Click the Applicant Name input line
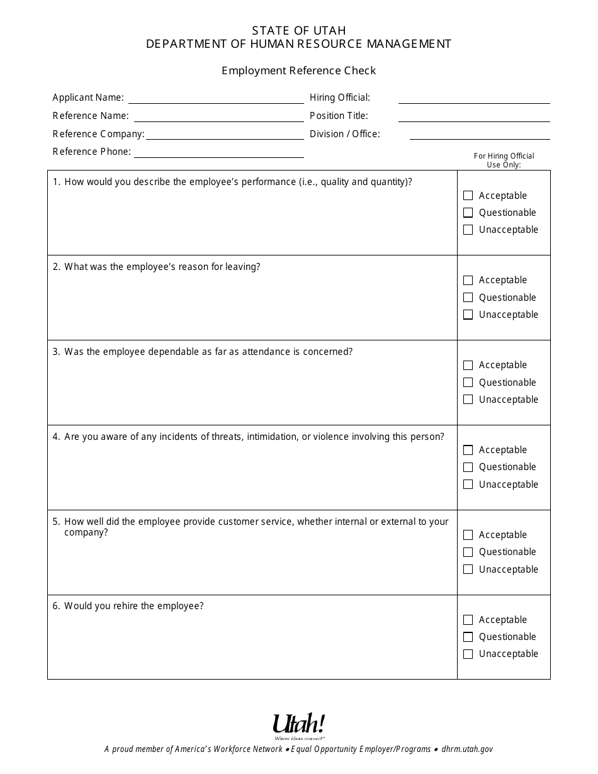(x=215, y=99)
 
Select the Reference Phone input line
(x=218, y=153)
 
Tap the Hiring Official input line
(x=473, y=99)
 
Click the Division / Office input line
(x=479, y=135)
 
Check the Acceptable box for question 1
(x=468, y=196)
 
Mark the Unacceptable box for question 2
(x=468, y=315)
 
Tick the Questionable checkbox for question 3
(x=468, y=383)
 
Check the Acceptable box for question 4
(x=468, y=450)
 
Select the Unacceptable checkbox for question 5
(x=468, y=569)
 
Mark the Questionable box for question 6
(x=468, y=637)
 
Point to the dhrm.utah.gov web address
(x=467, y=749)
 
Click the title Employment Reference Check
(x=298, y=70)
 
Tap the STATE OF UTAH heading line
(x=298, y=30)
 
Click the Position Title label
(x=339, y=116)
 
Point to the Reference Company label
(x=98, y=134)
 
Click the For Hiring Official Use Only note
(x=504, y=160)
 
